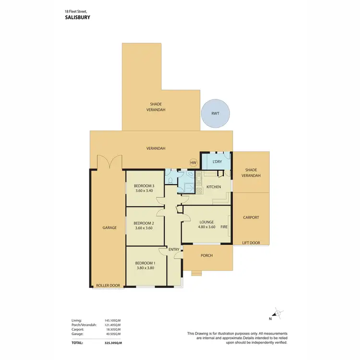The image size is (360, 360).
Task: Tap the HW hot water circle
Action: pyautogui.click(x=193, y=163)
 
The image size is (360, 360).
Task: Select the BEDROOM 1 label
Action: pyautogui.click(x=144, y=263)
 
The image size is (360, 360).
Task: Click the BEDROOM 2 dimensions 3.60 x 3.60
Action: pyautogui.click(x=143, y=228)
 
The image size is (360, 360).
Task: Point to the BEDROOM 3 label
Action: pyautogui.click(x=144, y=186)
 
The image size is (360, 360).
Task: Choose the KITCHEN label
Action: pyautogui.click(x=214, y=187)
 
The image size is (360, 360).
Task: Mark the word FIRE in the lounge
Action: pyautogui.click(x=224, y=227)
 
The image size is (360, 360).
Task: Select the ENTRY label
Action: pyautogui.click(x=174, y=249)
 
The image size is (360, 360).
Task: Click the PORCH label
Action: pyautogui.click(x=207, y=255)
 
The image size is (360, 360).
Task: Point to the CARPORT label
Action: pyautogui.click(x=251, y=217)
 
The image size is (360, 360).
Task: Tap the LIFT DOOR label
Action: pyautogui.click(x=251, y=243)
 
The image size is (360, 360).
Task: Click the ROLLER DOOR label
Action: pyautogui.click(x=107, y=285)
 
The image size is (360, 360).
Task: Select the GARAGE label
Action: pyautogui.click(x=109, y=228)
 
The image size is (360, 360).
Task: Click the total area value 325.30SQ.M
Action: pyautogui.click(x=113, y=343)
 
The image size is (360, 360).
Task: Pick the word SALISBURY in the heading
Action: pyautogui.click(x=77, y=17)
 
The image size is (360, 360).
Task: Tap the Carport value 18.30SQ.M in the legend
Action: pyautogui.click(x=113, y=330)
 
